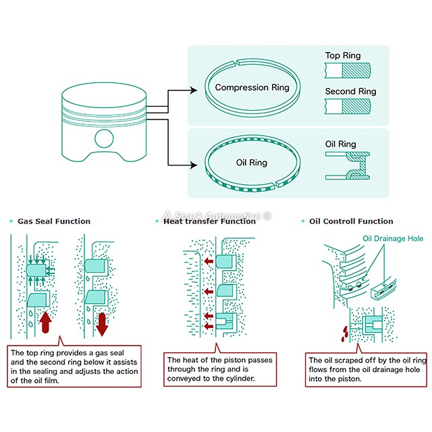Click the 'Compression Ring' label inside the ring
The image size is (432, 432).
(252, 88)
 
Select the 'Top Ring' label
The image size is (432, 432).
(343, 56)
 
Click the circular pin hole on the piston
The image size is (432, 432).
(104, 138)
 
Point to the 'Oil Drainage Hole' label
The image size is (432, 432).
(394, 238)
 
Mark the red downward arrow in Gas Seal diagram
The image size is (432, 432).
(103, 323)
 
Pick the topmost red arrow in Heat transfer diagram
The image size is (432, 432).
(208, 261)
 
